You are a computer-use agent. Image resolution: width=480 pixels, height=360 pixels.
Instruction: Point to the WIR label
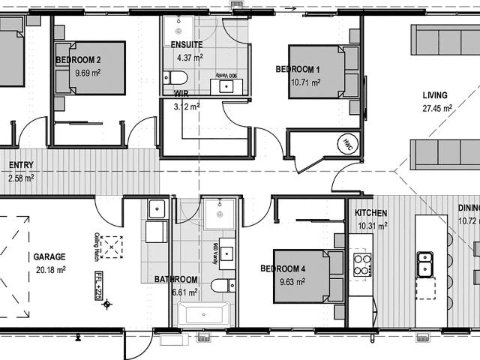(181, 94)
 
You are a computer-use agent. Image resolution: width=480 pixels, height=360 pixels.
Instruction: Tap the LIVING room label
(434, 95)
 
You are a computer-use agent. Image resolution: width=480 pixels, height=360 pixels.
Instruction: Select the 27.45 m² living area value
(436, 108)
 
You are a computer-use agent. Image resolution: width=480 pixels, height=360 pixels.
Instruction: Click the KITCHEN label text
(370, 213)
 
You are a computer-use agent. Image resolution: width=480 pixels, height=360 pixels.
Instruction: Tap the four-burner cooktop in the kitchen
(361, 263)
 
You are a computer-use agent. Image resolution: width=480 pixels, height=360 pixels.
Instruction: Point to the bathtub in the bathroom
(200, 314)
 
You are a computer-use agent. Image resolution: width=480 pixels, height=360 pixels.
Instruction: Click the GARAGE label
(49, 256)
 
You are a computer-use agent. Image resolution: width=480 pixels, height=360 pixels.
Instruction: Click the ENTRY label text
(21, 165)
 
